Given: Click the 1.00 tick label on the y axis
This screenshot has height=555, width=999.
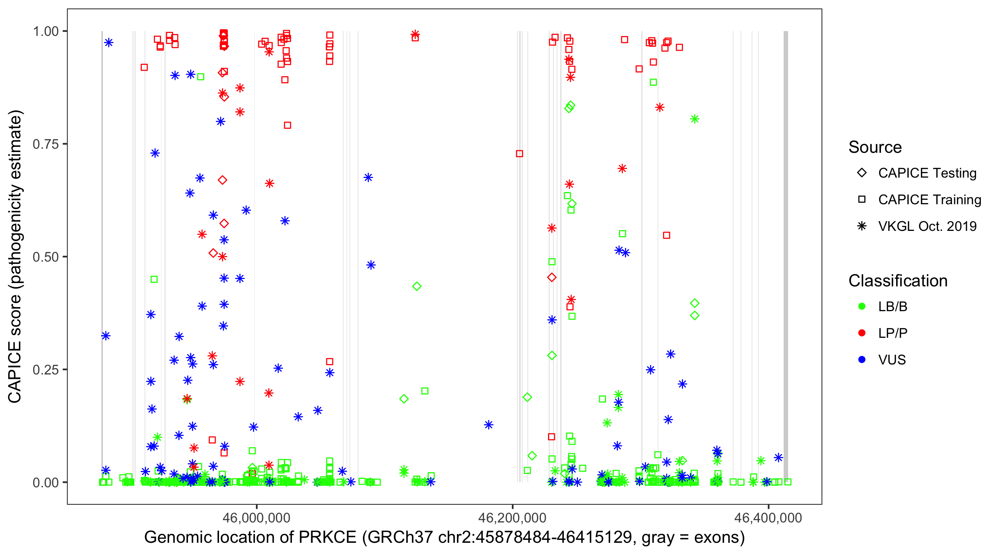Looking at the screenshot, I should point(46,31).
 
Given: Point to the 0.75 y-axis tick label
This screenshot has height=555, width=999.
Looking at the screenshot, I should point(46,144).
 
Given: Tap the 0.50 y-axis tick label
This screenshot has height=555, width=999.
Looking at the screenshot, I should point(46,257).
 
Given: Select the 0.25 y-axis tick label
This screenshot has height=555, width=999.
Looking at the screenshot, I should point(46,370).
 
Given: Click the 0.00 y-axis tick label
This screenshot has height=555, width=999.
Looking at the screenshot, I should point(46,482).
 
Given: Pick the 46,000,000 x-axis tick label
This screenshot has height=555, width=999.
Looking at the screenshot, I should point(256,518).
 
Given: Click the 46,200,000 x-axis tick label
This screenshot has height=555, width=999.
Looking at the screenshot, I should point(512,518).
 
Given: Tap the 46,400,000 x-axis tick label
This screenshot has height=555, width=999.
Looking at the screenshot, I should point(768,518).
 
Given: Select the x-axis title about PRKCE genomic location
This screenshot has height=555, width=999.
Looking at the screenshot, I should point(444,538).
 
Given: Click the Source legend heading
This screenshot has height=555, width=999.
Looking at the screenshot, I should point(875,147).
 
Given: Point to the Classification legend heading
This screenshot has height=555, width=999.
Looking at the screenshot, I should point(898,281).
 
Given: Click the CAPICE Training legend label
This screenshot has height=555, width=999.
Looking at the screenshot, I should point(929,200).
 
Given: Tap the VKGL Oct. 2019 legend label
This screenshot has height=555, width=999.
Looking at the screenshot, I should point(927,226).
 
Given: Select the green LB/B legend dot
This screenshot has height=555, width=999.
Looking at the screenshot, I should point(862,307).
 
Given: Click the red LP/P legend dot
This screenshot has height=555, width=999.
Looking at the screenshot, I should point(862,333).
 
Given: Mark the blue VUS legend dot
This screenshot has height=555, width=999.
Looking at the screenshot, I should point(862,360).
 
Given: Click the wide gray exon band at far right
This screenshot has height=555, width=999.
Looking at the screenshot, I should point(786,256).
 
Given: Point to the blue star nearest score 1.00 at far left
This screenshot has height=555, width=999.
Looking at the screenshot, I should point(108,43).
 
